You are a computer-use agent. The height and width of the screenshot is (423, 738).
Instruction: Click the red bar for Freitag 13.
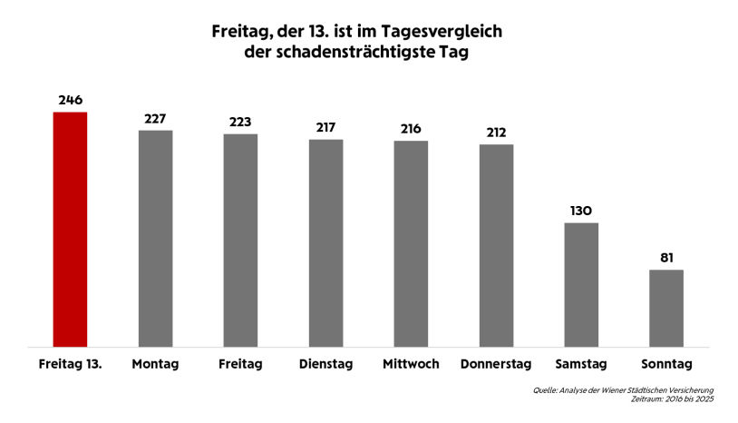click(71, 229)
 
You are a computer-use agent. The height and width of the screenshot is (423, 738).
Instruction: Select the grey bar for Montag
click(155, 238)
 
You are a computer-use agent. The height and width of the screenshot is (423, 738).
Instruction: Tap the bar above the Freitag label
click(240, 240)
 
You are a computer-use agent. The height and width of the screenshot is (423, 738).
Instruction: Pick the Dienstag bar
click(325, 242)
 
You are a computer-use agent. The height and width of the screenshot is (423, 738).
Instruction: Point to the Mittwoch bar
click(411, 243)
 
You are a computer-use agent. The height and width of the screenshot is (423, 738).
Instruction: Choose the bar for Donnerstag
click(496, 245)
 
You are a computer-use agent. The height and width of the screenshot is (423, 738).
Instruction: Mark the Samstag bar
click(581, 284)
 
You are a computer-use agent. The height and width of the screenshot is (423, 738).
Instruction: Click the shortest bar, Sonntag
click(666, 308)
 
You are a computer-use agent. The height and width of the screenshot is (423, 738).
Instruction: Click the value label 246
click(71, 99)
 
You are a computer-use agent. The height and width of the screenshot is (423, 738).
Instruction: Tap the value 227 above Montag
click(155, 118)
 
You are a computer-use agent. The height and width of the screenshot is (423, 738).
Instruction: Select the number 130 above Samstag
click(581, 211)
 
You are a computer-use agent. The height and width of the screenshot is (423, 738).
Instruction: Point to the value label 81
click(666, 257)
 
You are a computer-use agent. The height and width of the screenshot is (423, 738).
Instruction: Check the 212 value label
click(496, 132)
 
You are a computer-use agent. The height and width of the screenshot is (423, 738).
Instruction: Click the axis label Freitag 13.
click(71, 364)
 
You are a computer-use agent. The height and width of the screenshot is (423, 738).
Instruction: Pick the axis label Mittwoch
click(411, 364)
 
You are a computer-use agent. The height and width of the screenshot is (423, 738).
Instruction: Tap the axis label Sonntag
click(666, 364)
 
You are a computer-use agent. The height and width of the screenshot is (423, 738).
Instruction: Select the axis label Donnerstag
click(496, 364)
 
